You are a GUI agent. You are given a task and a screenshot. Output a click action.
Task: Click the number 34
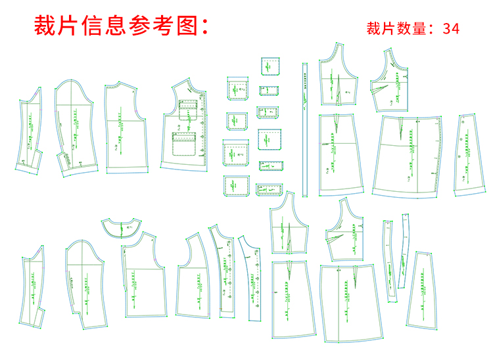pyautogui.click(x=451, y=28)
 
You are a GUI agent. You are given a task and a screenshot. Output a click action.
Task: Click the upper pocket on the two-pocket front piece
pyautogui.click(x=188, y=108)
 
